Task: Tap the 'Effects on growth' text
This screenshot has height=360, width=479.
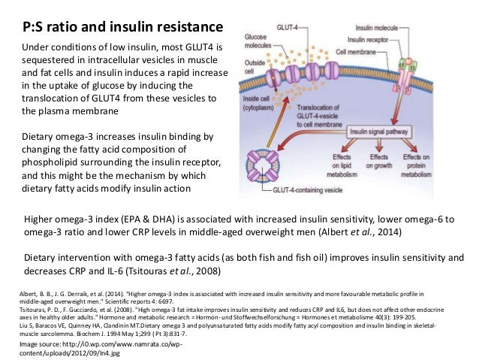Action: point(378,168)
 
